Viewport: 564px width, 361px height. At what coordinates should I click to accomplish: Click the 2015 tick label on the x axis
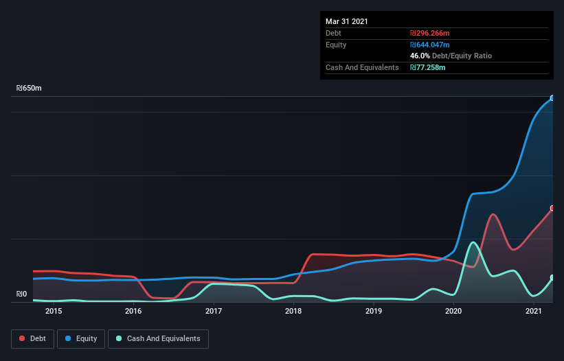pos(54,311)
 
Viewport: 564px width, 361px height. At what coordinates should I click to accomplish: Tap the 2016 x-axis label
pos(133,311)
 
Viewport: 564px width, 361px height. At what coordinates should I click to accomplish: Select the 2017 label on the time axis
pos(214,311)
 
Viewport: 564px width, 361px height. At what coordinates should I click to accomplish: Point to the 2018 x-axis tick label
pos(293,311)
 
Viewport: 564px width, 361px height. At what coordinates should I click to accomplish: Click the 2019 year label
pos(374,311)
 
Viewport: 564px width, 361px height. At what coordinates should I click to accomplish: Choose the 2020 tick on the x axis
pos(453,311)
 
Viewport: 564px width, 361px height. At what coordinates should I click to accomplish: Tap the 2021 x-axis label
pos(534,311)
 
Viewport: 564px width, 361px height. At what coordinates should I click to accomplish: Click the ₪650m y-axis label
pos(29,89)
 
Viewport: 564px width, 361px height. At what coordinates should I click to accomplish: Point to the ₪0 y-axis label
pos(22,294)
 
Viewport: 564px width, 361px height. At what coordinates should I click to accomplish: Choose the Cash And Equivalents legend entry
pos(158,338)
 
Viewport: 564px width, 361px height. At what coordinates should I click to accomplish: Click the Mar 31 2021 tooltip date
pos(347,21)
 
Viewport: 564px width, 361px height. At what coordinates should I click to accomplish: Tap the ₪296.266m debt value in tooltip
pos(430,33)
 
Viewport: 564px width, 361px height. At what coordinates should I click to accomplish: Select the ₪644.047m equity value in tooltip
pos(431,45)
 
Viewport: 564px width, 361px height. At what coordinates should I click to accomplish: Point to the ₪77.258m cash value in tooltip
pos(428,67)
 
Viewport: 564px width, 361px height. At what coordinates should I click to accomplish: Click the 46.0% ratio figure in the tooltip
pos(420,56)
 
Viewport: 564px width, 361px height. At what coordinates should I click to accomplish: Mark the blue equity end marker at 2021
pos(552,98)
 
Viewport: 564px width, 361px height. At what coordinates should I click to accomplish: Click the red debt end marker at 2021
pos(552,208)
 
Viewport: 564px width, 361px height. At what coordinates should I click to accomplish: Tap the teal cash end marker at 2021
pos(552,278)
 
